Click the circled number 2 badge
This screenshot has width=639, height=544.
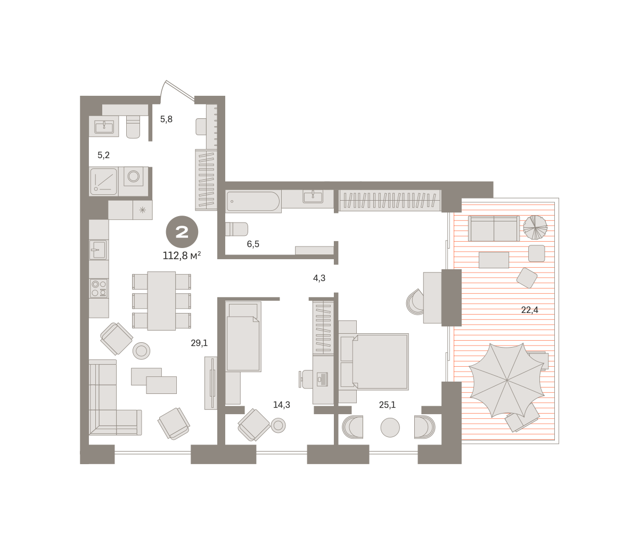(x=182, y=232)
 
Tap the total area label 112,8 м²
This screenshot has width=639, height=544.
(x=182, y=256)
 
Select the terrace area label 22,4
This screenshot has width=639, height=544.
(x=529, y=310)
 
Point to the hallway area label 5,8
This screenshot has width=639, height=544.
(x=166, y=119)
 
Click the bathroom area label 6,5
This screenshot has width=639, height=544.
(x=253, y=244)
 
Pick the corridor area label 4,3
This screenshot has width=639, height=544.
(x=319, y=278)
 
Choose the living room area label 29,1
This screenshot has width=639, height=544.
(x=199, y=343)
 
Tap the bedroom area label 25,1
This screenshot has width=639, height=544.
(x=387, y=405)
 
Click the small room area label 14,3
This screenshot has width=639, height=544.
(x=282, y=405)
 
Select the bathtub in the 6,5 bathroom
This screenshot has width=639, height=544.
(x=253, y=201)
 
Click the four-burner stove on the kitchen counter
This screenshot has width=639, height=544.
(x=99, y=289)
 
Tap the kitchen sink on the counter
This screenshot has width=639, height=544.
(x=99, y=250)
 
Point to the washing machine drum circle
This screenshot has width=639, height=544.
(x=134, y=177)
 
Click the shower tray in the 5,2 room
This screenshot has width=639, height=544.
(x=103, y=182)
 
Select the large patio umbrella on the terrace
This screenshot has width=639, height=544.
(x=507, y=380)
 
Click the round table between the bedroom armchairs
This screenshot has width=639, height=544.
(x=390, y=427)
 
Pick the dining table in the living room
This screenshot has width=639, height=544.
(x=161, y=301)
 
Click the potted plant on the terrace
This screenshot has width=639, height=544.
(x=536, y=227)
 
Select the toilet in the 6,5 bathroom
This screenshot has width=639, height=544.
(x=236, y=229)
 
